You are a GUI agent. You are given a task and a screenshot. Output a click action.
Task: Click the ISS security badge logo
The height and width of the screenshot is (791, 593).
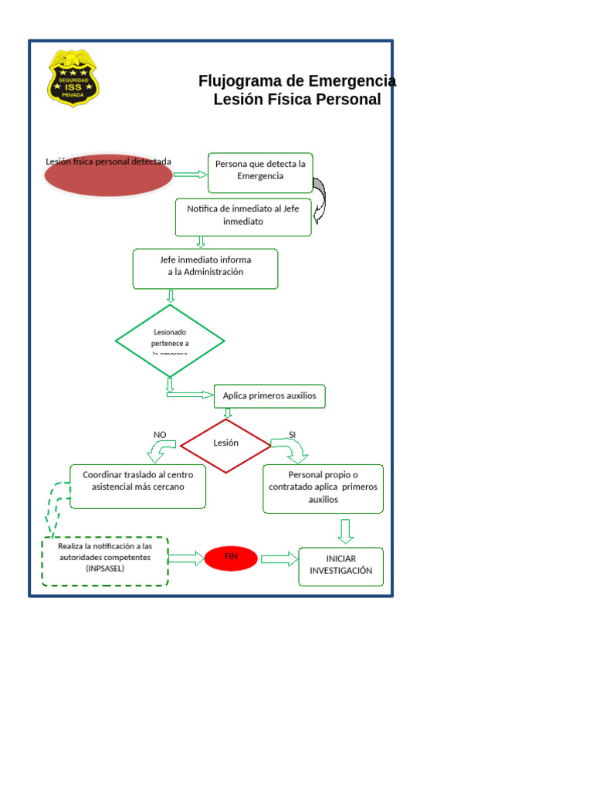73,78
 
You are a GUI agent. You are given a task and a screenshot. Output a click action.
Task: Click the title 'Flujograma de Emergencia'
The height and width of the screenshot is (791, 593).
297,81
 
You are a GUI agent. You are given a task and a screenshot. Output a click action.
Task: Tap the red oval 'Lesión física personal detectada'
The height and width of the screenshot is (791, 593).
108,175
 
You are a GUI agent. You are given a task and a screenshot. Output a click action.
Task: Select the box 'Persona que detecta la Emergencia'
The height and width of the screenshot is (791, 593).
260,172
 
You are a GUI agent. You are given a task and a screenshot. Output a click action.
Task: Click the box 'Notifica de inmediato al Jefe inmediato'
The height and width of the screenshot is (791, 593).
243,216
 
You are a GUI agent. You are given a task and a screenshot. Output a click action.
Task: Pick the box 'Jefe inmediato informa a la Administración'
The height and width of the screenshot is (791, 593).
205,268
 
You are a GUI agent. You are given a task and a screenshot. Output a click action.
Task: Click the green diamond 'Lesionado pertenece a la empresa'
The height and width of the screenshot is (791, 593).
170,341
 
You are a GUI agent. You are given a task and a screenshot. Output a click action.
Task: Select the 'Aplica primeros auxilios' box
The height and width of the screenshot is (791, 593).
269,396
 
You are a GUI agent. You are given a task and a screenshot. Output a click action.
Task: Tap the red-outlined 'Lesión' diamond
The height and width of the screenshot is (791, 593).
225,444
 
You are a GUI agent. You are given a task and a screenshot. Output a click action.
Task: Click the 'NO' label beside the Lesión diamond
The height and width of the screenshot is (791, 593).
160,435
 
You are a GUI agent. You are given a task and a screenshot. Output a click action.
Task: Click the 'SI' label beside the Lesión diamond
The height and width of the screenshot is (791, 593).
292,435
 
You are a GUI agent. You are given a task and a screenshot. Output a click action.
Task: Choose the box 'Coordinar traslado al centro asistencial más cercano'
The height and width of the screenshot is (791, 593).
138,486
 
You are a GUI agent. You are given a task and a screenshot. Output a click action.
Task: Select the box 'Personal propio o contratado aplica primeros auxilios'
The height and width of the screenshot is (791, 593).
323,488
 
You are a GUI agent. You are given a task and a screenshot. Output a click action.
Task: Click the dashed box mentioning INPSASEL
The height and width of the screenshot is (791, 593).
105,561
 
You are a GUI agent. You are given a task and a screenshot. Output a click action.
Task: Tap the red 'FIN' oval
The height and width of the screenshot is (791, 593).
231,558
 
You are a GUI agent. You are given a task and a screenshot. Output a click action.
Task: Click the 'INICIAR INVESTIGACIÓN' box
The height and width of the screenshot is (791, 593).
341,566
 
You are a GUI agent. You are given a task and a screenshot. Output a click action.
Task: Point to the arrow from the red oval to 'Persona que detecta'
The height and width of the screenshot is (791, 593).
191,175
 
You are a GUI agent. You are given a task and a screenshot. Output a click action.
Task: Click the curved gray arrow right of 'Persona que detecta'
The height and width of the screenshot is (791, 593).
320,199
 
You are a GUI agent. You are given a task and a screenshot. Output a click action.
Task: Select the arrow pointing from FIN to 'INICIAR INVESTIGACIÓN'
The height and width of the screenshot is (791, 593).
279,558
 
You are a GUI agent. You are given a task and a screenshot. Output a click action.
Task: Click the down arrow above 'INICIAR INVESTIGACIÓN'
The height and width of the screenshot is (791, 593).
345,531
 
